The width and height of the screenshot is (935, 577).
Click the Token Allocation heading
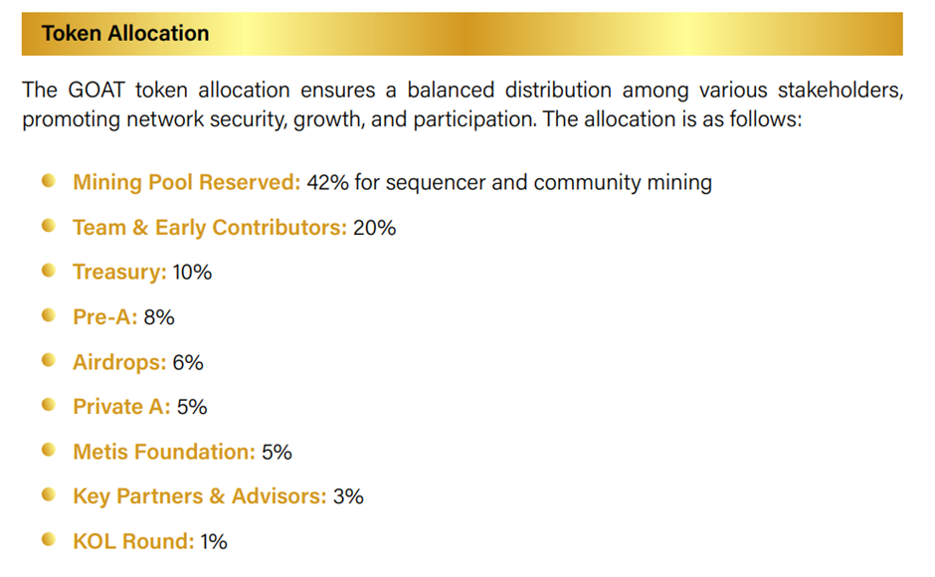pos(125,34)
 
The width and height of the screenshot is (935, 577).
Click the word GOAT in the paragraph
pos(96,91)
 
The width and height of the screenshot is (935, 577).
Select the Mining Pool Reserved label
pos(187,182)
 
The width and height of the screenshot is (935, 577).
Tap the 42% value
pos(327,182)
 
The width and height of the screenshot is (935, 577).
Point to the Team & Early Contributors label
pos(210,228)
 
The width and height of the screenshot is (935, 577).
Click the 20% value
pos(374,228)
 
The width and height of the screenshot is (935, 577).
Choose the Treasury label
pos(119,273)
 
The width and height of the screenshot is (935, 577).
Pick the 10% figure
pos(192,273)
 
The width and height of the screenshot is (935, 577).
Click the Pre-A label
pos(105,316)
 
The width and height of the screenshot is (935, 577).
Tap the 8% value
pos(159,316)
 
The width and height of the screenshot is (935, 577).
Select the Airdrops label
pos(119,362)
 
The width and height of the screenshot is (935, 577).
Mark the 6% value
pos(188,362)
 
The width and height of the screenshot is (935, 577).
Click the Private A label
pos(121,406)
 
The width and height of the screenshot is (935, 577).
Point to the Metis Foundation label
pos(164,452)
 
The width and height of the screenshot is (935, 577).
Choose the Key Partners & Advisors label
pos(200,496)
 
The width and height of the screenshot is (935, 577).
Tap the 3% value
pos(348,496)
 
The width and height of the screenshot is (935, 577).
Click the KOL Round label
pos(133,541)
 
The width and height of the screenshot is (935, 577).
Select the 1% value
pos(214,541)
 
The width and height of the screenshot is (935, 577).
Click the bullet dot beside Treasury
pos(49,271)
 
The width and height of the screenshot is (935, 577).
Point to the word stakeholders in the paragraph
pos(841,91)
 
